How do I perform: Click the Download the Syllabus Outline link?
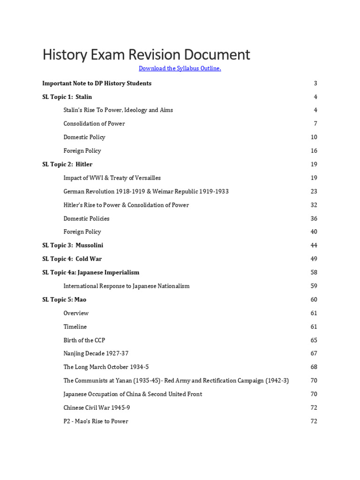(180, 68)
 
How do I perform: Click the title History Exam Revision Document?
(146, 54)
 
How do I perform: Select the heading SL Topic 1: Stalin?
(67, 97)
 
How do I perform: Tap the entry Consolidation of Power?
(94, 124)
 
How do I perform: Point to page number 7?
(315, 124)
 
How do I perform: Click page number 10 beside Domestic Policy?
(314, 137)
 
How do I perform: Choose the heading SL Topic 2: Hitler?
(67, 165)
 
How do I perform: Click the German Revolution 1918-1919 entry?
(146, 192)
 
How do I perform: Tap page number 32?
(314, 205)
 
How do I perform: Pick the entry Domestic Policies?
(86, 218)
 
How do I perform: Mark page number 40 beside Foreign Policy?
(314, 232)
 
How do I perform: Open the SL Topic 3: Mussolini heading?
(73, 246)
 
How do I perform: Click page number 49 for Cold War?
(314, 259)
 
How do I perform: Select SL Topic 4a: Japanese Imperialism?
(90, 272)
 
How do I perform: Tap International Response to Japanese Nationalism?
(127, 286)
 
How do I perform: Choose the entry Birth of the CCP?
(84, 340)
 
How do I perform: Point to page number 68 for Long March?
(314, 367)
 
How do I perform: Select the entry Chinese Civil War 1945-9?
(97, 408)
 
